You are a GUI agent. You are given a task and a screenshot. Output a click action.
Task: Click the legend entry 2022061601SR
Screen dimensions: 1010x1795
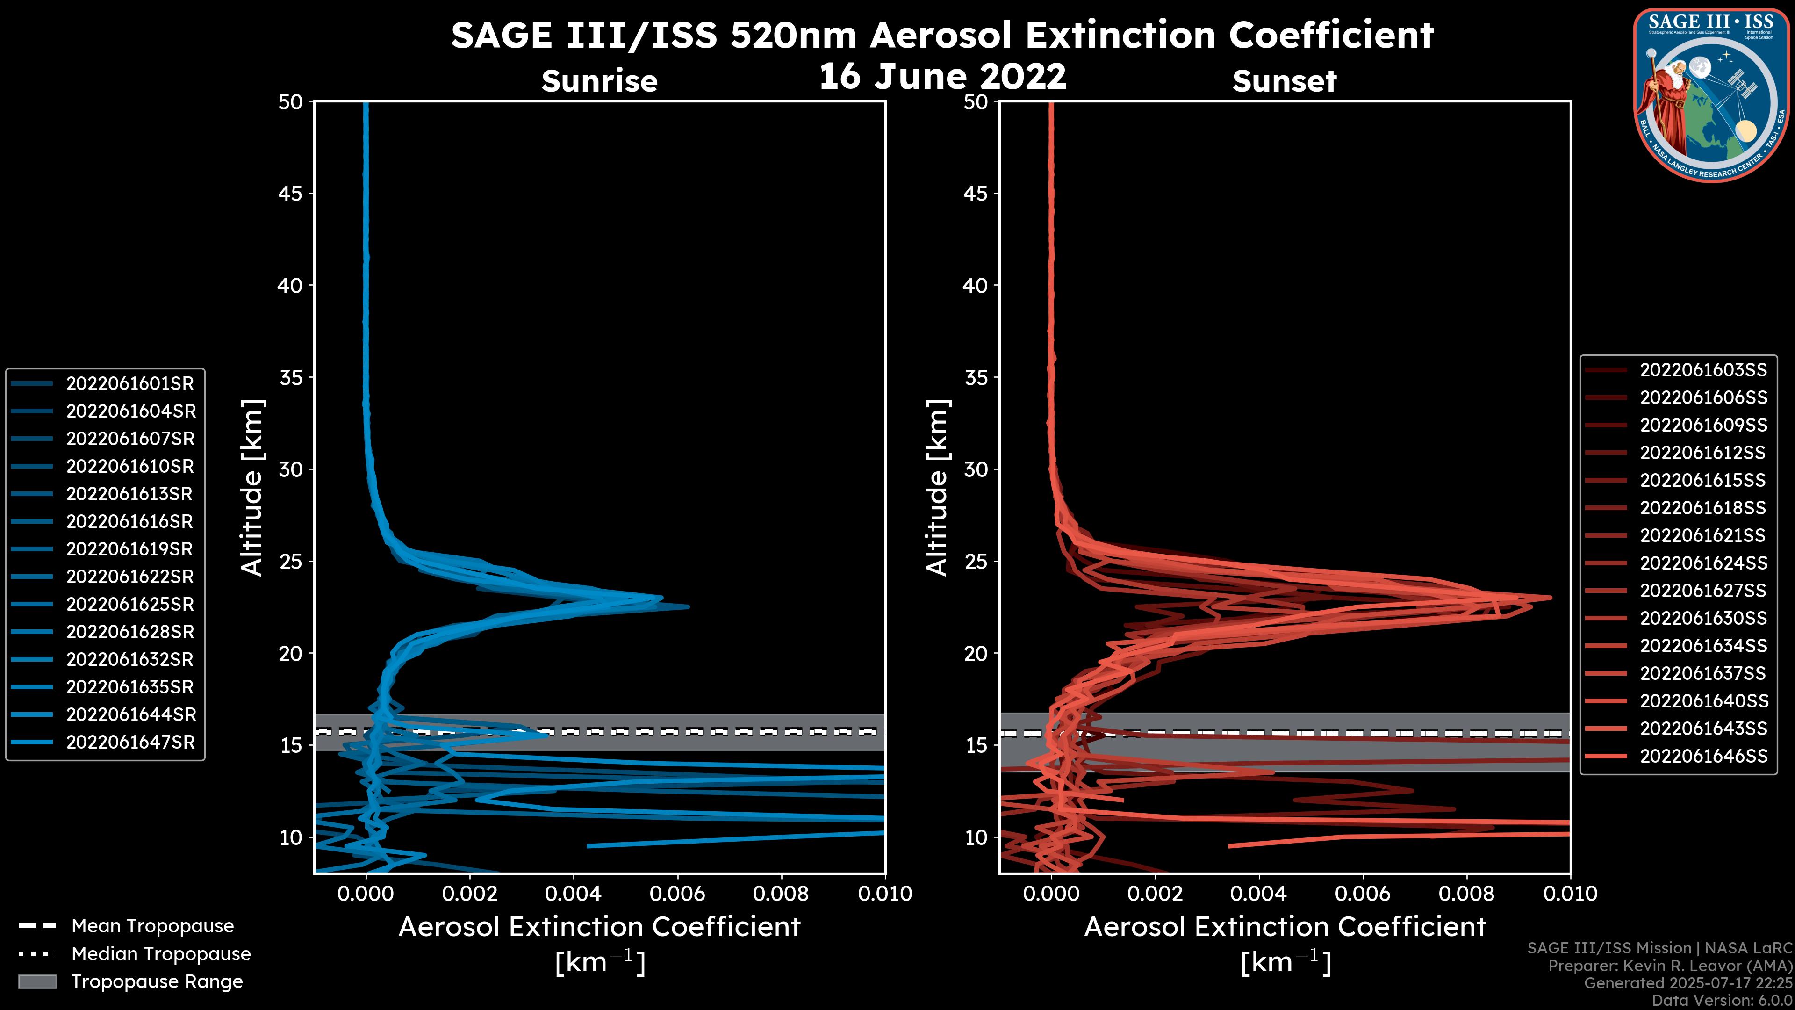pos(129,383)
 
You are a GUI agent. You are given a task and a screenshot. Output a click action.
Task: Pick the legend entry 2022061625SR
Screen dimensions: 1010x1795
pos(129,604)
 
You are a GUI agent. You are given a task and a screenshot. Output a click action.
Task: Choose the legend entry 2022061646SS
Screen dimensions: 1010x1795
pos(1703,756)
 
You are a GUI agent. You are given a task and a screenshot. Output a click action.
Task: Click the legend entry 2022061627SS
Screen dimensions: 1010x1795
pos(1703,591)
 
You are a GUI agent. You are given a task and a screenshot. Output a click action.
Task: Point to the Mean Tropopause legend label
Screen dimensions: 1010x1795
pos(152,926)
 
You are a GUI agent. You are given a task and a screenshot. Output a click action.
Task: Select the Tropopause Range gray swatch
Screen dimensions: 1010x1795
pos(37,981)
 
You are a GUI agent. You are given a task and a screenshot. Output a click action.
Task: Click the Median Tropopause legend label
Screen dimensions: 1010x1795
pos(161,953)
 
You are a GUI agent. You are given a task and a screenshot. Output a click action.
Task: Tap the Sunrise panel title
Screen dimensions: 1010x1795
pos(599,81)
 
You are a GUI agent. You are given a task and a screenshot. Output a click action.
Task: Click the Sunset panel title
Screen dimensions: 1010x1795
pos(1284,81)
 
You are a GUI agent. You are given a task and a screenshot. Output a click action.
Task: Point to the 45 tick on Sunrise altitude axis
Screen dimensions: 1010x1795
pos(291,193)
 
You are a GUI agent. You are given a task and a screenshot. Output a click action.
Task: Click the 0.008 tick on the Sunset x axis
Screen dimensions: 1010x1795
pos(1467,894)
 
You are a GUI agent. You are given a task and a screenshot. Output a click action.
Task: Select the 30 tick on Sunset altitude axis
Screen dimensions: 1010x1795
pos(976,469)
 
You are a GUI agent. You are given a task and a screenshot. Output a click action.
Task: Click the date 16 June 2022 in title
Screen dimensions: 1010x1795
pos(942,76)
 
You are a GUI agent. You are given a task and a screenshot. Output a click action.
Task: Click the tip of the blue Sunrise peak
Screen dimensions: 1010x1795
pos(689,607)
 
